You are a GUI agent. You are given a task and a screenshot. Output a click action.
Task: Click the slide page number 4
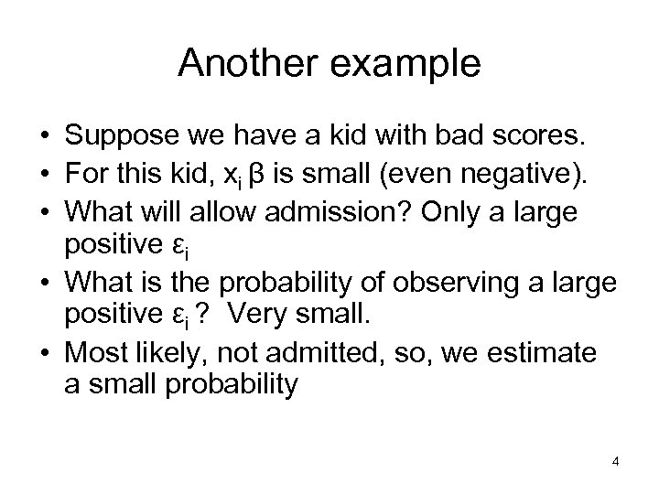pos(616,461)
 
